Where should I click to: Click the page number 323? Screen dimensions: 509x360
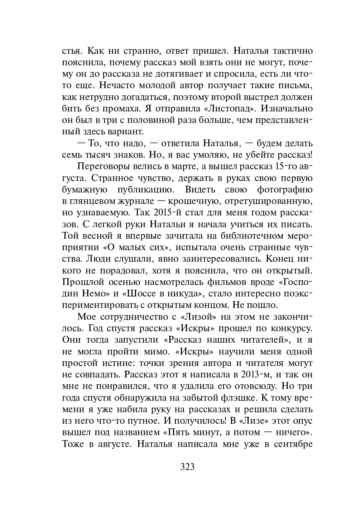(187, 467)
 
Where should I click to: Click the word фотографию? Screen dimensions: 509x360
(284, 189)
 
